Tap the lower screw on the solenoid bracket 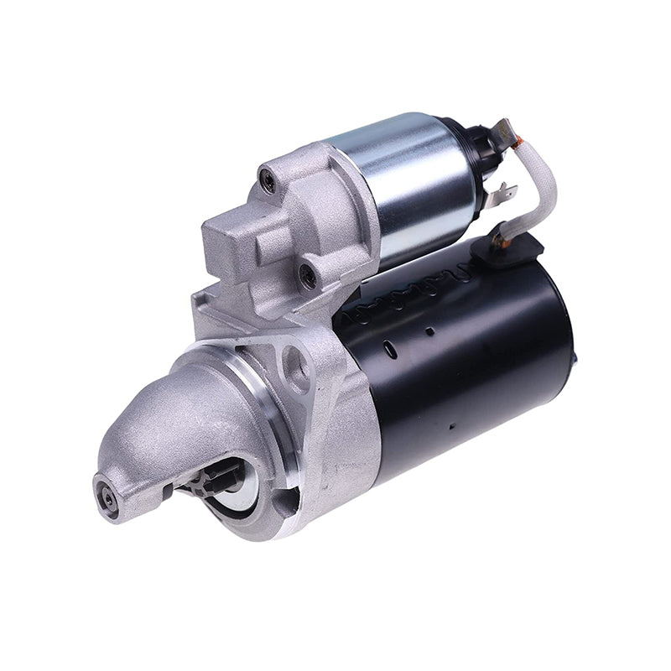308,273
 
